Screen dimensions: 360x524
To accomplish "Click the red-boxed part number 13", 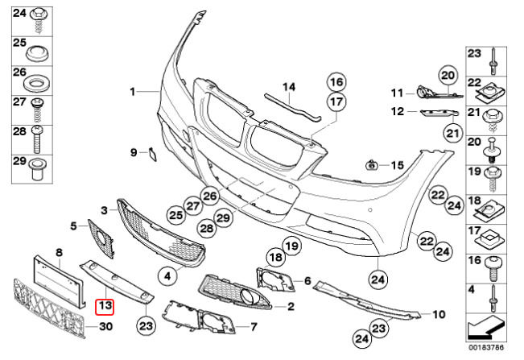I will pos(105,306).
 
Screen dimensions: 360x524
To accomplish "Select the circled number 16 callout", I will pos(336,81).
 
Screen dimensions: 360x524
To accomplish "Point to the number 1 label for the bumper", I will pos(133,92).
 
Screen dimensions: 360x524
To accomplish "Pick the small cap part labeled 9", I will pos(149,152).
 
